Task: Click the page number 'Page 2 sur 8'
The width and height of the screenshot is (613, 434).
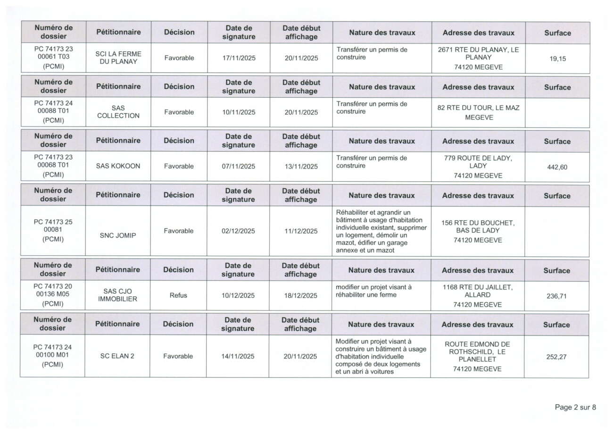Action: [x=575, y=408]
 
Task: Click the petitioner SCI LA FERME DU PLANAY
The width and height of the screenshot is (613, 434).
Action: [x=118, y=58]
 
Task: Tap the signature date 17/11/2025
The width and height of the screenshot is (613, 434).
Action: [x=238, y=58]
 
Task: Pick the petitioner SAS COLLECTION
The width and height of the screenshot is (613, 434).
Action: [x=118, y=112]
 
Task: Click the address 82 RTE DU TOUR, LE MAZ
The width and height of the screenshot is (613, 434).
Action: [x=478, y=108]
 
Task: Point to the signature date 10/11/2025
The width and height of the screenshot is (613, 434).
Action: [x=238, y=112]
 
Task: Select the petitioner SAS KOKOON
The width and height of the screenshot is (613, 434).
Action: [x=118, y=166]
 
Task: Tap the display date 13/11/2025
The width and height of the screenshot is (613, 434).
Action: [x=301, y=166]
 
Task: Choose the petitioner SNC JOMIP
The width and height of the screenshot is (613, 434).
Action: [x=118, y=235]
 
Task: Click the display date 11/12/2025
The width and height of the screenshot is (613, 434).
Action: [x=301, y=231]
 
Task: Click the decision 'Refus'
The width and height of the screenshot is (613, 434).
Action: [x=179, y=295]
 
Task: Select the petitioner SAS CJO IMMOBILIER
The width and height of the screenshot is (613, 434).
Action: [x=118, y=295]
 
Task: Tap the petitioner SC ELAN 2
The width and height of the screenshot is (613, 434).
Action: [x=117, y=356]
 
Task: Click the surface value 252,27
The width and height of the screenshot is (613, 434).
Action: [x=556, y=357]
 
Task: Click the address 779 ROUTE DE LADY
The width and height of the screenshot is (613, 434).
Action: [x=478, y=159]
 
